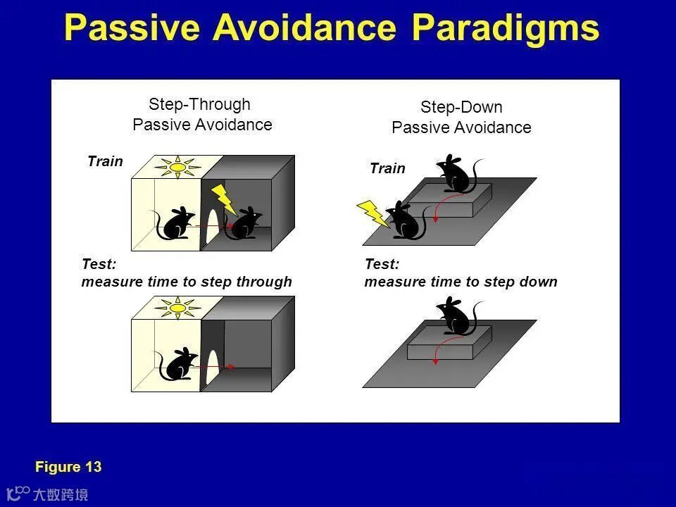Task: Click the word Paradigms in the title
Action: pos(506,28)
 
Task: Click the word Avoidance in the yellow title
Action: pos(304,27)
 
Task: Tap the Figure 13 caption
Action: pos(68,466)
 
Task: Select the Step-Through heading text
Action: pos(199,104)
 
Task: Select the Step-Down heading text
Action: pos(461,107)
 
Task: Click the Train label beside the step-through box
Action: pos(105,161)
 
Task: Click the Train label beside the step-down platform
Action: pos(387,168)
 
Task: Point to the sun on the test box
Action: pos(177,308)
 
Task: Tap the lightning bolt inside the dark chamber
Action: pos(223,199)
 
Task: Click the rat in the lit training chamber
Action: pos(173,223)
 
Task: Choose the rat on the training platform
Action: pos(458,173)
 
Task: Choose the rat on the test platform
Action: pos(458,315)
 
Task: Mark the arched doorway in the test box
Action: pos(213,367)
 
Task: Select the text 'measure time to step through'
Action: pos(187,282)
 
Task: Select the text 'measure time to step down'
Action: pos(461,282)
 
